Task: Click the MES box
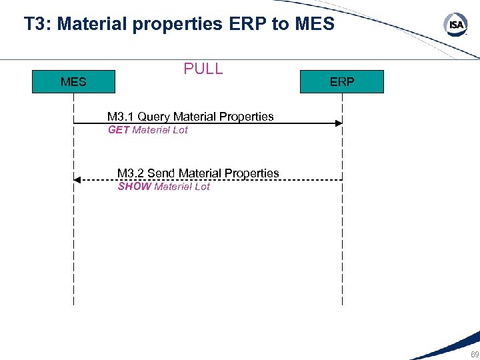[x=73, y=82]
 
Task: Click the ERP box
[x=342, y=82]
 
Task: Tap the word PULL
[x=203, y=69]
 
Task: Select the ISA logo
[x=455, y=25]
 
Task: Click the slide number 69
[x=474, y=354]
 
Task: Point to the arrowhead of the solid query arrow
[x=339, y=123]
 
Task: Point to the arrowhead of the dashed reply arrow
[x=77, y=180]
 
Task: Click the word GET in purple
[x=119, y=130]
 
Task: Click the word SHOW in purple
[x=134, y=187]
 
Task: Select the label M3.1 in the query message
[x=121, y=117]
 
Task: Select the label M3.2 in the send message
[x=131, y=173]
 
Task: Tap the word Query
[x=154, y=117]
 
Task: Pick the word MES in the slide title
[x=313, y=24]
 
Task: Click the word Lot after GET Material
[x=180, y=130]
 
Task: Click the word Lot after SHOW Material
[x=202, y=187]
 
